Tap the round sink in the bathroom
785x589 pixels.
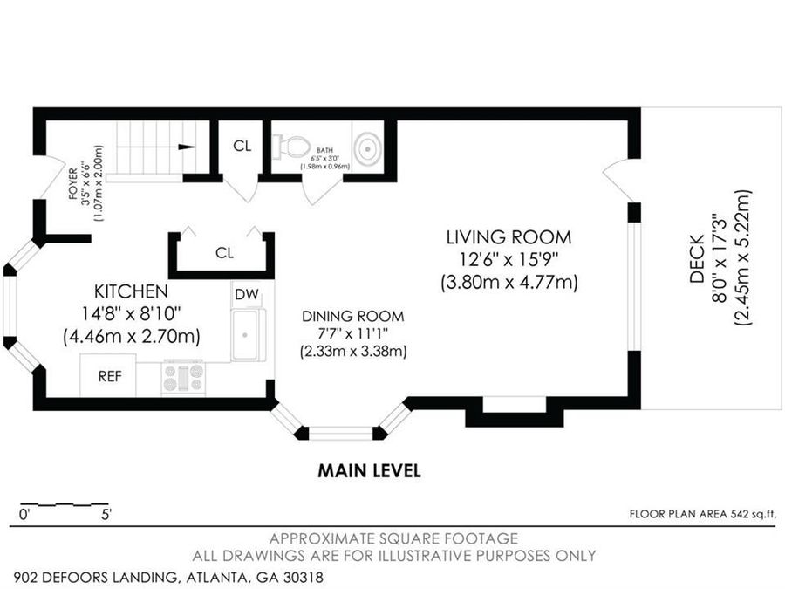[x=368, y=148]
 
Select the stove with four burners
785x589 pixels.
[x=184, y=378]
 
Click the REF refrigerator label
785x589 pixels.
[x=110, y=376]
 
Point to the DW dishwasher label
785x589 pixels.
[x=246, y=295]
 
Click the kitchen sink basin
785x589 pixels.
[x=245, y=334]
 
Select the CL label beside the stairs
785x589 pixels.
[x=242, y=146]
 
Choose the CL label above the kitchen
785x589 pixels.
[x=224, y=253]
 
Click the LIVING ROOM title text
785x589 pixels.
[x=509, y=236]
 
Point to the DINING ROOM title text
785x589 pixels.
[x=353, y=317]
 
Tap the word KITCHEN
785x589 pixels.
[x=131, y=291]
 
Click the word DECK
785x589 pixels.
[x=697, y=259]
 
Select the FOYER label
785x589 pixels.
[x=73, y=184]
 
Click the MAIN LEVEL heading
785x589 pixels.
[x=370, y=471]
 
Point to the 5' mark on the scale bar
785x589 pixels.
[x=106, y=514]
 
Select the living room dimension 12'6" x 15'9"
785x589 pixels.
[x=509, y=259]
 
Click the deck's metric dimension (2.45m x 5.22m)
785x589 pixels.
[x=743, y=258]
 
